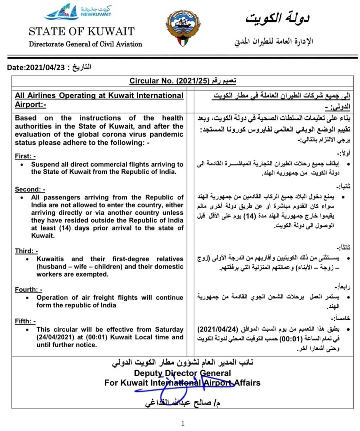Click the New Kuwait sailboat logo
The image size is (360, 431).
pos(62,13)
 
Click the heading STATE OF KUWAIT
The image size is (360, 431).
pos(82,31)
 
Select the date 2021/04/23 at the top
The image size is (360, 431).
pos(45,67)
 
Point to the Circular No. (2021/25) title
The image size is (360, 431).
pos(170,81)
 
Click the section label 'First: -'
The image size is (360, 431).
pos(25,156)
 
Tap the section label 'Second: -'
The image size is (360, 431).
pos(30,189)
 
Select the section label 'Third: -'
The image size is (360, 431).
pos(26,251)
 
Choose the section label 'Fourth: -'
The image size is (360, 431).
pos(28,290)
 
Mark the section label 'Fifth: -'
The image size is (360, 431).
pos(25,321)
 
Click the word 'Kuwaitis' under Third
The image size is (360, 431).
pos(50,259)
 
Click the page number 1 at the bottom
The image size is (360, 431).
pos(183,423)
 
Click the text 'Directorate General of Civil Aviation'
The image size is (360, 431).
pos(85,44)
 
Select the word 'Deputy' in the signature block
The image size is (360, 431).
pos(148,373)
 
